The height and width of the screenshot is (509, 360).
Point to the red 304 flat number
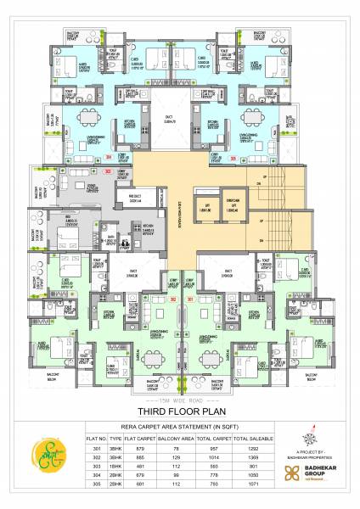[x=108, y=158]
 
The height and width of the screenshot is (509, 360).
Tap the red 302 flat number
[x=172, y=299]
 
